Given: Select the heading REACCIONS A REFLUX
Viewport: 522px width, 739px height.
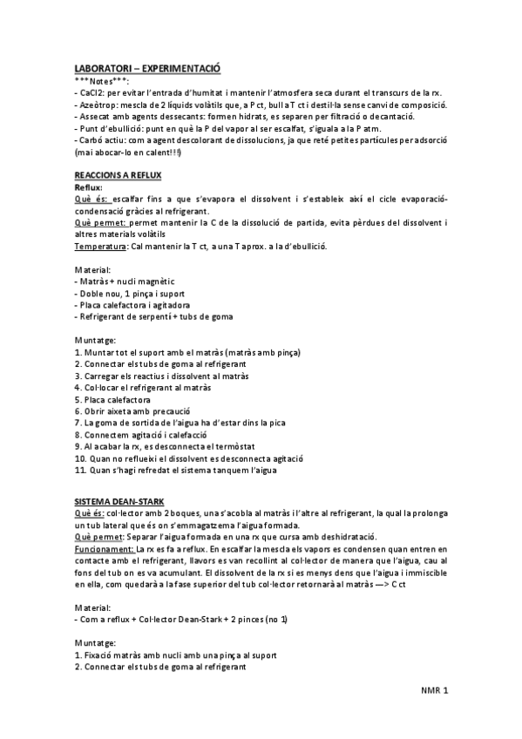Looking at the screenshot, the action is tap(119, 175).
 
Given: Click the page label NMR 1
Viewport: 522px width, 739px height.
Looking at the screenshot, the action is tap(433, 691).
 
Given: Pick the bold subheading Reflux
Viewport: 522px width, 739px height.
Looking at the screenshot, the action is tap(88, 186).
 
